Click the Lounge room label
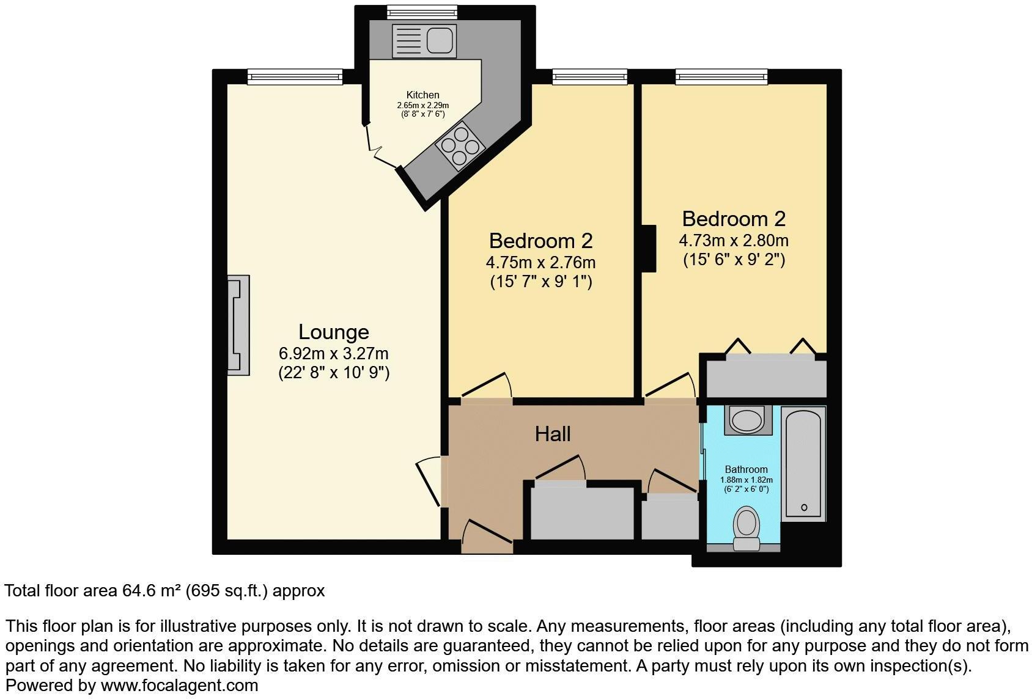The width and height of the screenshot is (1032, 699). [x=333, y=332]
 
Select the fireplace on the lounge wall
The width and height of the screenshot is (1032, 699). [x=239, y=324]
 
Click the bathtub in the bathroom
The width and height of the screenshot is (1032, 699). [x=804, y=463]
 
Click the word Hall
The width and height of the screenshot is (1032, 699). [x=552, y=434]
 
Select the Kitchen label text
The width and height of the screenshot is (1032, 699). [x=422, y=95]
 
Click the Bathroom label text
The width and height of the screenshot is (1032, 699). [x=746, y=469]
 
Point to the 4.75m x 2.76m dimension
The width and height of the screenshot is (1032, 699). [x=540, y=263]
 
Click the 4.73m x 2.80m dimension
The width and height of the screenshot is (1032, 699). [x=733, y=240]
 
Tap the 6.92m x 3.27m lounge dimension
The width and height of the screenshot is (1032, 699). [x=333, y=354]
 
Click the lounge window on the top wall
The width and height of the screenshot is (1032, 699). [x=295, y=76]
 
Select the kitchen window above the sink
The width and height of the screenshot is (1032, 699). [x=422, y=11]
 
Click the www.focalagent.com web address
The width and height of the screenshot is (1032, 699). [x=179, y=686]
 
